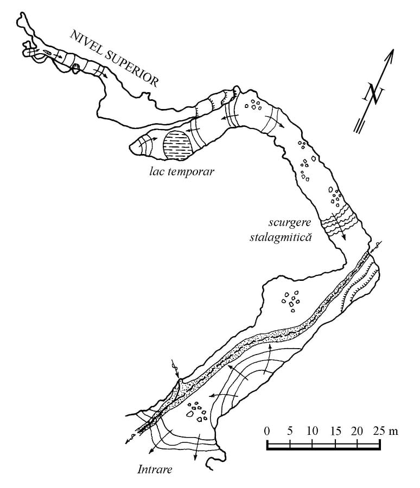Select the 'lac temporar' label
pyautogui.click(x=182, y=171)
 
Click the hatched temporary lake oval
pyautogui.click(x=177, y=145)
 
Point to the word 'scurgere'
pyautogui.click(x=290, y=223)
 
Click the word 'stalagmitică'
pyautogui.click(x=281, y=237)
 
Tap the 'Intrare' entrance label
pyautogui.click(x=155, y=469)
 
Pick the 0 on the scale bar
pyautogui.click(x=267, y=431)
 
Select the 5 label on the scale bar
pyautogui.click(x=290, y=431)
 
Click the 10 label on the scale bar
pyautogui.click(x=312, y=431)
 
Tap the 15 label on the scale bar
pyautogui.click(x=335, y=431)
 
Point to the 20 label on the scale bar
pyautogui.click(x=357, y=431)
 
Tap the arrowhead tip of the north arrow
pyautogui.click(x=393, y=49)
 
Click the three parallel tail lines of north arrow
pyautogui.click(x=358, y=126)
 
